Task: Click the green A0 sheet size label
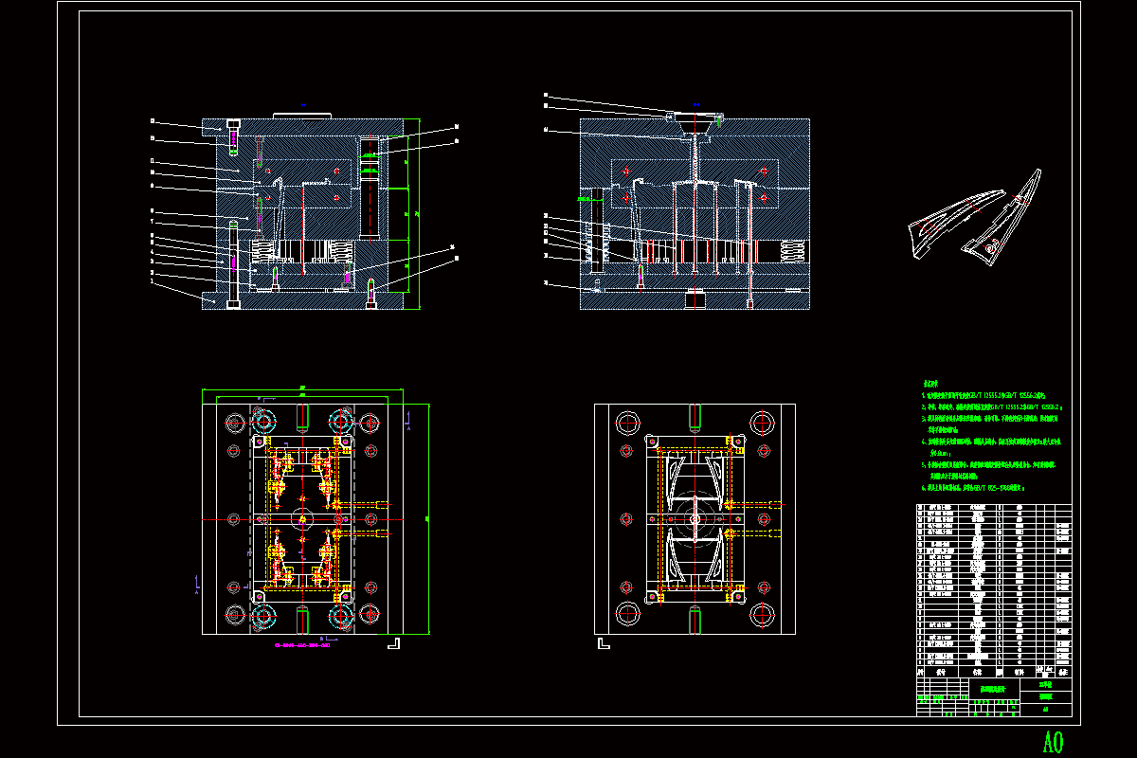click(x=1053, y=741)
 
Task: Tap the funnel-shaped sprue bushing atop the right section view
click(x=695, y=125)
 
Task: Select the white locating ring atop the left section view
click(x=301, y=116)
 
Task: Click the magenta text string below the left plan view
click(x=301, y=648)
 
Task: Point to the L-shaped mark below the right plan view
click(x=602, y=643)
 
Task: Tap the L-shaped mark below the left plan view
click(x=394, y=643)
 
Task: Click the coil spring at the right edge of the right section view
click(x=796, y=251)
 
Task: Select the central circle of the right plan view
click(x=695, y=519)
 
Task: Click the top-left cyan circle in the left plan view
click(x=262, y=421)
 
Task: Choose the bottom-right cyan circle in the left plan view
click(x=341, y=618)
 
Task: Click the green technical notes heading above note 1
click(x=933, y=384)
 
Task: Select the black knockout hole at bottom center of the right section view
click(x=695, y=301)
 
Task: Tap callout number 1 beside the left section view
click(x=152, y=282)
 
